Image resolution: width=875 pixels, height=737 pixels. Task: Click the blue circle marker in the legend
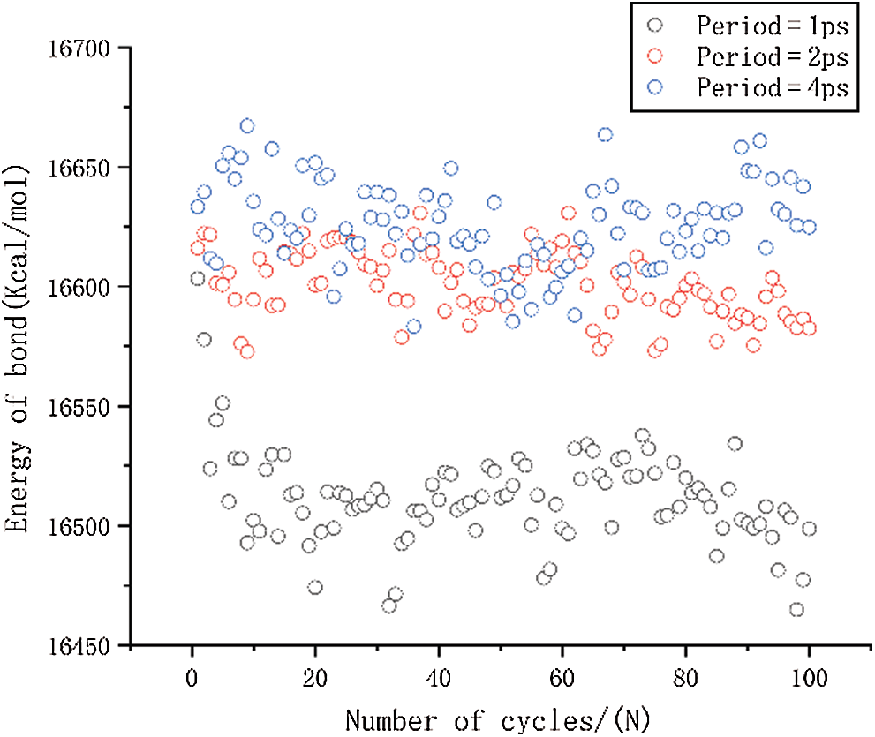[655, 87]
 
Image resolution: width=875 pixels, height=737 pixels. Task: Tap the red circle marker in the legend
[655, 56]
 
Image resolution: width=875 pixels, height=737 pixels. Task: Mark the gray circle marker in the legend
[655, 25]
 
